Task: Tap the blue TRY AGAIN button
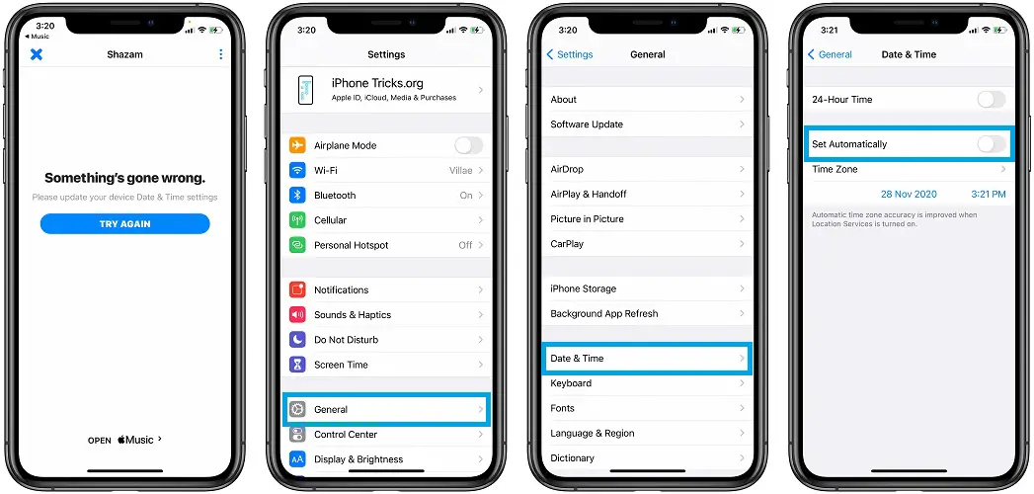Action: tap(124, 223)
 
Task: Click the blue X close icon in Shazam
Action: tap(37, 54)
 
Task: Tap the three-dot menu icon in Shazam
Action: tap(220, 54)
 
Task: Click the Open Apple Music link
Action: tap(124, 440)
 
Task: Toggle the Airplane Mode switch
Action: tap(468, 145)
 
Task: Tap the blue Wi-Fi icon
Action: tap(297, 170)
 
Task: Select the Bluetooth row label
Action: tap(335, 196)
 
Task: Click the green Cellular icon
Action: tap(297, 220)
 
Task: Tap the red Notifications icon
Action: tap(297, 289)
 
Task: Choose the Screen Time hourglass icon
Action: tap(297, 364)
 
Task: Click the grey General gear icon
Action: tap(297, 410)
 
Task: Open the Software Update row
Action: tap(646, 124)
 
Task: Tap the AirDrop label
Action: tap(567, 169)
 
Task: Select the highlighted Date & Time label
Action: tap(577, 358)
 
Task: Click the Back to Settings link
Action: tap(570, 54)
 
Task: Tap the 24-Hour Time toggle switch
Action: tap(992, 100)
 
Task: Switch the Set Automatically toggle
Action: tap(992, 144)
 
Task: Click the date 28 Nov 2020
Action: tap(909, 194)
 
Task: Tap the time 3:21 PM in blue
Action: tap(989, 194)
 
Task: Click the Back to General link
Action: tap(831, 54)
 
